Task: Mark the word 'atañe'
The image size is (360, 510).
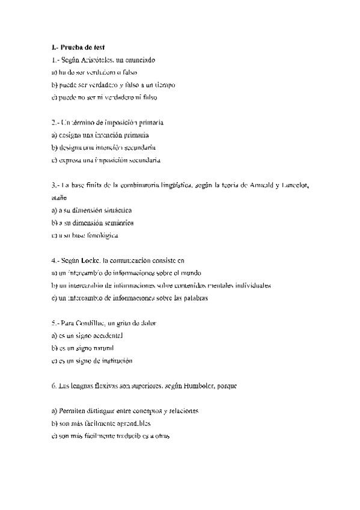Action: (59, 196)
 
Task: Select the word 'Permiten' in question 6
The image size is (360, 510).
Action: (70, 411)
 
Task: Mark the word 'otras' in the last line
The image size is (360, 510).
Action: (160, 436)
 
